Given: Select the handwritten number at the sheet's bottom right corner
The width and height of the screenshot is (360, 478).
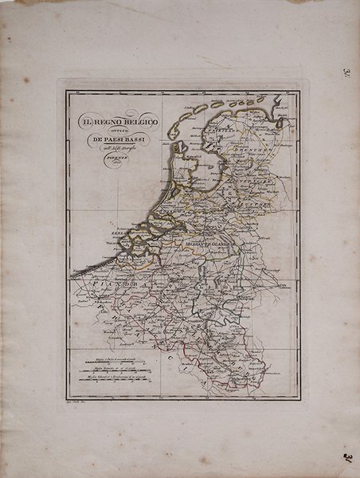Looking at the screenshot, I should coord(350,456).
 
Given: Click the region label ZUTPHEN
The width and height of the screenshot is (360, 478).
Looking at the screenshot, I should coord(253,205).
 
